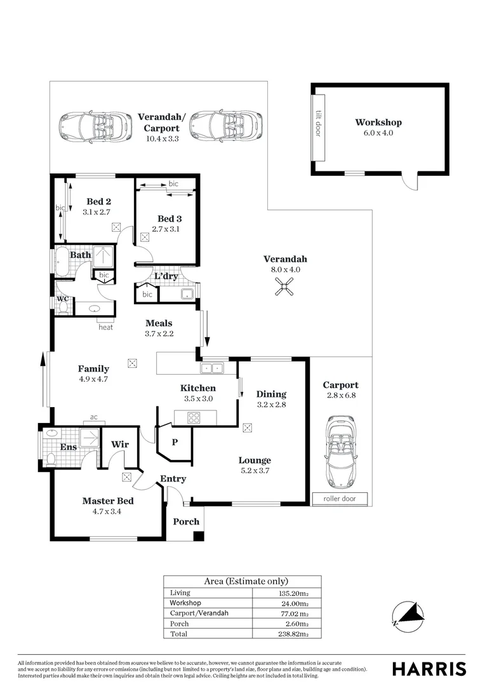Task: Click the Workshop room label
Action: coord(378,123)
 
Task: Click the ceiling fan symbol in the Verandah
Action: coord(285,287)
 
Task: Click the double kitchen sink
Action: coord(212,367)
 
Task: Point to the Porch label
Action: coord(186,521)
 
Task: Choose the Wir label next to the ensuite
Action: coord(120,445)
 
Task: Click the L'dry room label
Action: coord(166,276)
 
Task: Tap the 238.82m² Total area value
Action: coord(295,633)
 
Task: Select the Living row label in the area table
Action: coord(180,593)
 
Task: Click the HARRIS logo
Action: coord(429,668)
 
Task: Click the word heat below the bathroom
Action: coord(105,327)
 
